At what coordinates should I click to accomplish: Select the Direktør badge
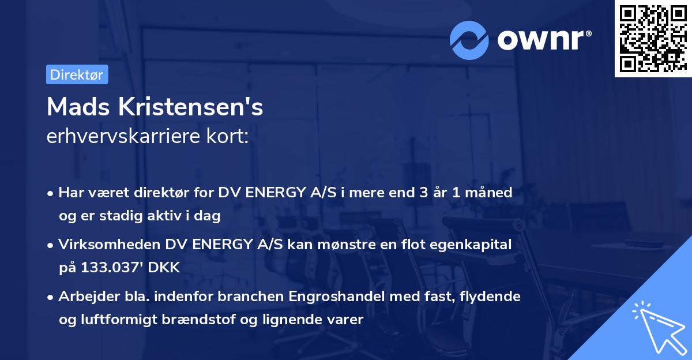point(77,74)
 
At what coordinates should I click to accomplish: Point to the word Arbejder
point(84,297)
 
